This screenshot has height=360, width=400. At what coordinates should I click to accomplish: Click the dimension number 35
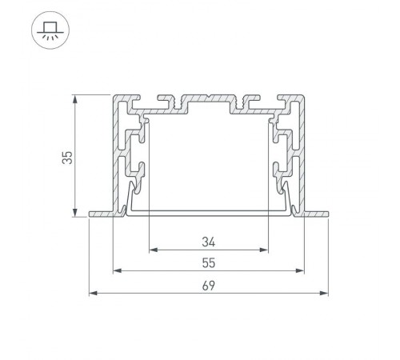click(67, 158)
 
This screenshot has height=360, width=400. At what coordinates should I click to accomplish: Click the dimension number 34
click(209, 242)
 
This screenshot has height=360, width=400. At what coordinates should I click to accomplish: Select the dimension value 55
click(209, 263)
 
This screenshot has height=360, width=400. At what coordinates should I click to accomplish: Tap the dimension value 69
click(209, 286)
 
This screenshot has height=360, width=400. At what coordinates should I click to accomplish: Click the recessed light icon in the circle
click(50, 31)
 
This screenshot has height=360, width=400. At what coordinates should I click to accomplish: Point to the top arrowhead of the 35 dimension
click(75, 99)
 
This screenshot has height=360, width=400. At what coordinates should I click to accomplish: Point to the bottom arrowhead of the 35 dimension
click(75, 213)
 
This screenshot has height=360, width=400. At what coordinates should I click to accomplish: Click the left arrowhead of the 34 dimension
click(154, 250)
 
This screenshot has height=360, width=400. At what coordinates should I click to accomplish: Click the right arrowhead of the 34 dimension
click(263, 250)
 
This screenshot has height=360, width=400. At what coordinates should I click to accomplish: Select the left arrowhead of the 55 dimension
click(118, 270)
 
